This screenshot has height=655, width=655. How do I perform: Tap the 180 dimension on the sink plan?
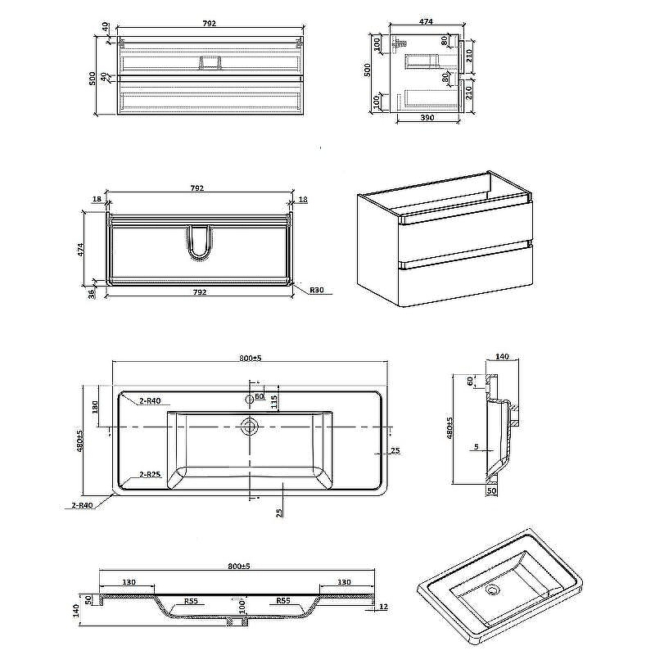[96, 407]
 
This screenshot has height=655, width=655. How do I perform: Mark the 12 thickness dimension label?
[382, 607]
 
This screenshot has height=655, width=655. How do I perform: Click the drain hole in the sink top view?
[249, 426]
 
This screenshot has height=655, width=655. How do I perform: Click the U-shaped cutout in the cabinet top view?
[199, 242]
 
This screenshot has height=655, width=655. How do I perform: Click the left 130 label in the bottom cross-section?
[129, 582]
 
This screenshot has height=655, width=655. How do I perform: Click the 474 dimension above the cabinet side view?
[426, 21]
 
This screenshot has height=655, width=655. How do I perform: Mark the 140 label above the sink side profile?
[502, 357]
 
